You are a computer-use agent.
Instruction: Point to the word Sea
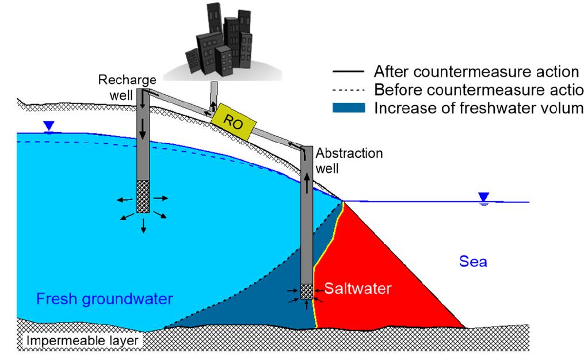tap(473, 263)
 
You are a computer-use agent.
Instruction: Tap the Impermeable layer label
tap(82, 342)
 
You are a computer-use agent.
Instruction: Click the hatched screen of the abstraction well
tap(307, 292)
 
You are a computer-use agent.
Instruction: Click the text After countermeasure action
tap(476, 72)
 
